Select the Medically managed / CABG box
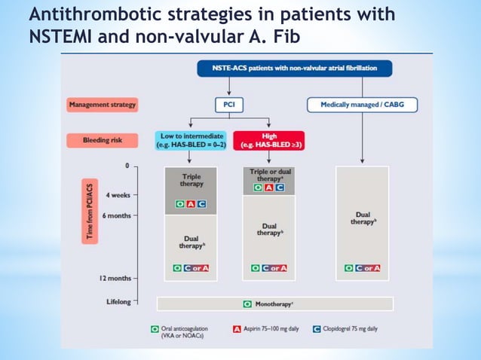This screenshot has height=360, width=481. [x=362, y=105]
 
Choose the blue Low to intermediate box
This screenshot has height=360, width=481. [x=191, y=139]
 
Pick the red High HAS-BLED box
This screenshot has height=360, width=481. [x=269, y=139]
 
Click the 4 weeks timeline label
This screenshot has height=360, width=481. [x=118, y=195]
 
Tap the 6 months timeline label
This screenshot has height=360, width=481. [x=116, y=215]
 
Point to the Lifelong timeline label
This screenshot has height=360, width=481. [x=117, y=302]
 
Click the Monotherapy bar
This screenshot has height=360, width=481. [x=274, y=304]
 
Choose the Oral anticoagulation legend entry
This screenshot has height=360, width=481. [x=180, y=332]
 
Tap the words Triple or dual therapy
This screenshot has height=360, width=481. [x=269, y=175]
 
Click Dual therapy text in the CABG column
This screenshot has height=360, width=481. [x=363, y=219]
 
